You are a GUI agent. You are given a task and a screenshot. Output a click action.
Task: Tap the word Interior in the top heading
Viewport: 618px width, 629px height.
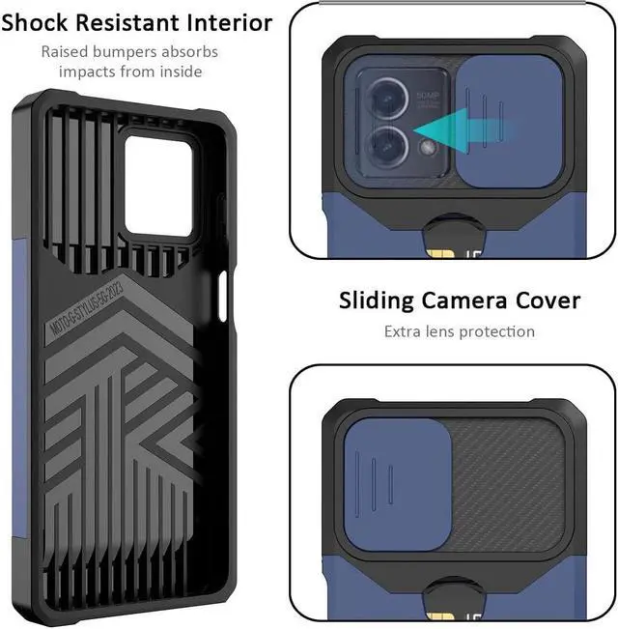[223, 22]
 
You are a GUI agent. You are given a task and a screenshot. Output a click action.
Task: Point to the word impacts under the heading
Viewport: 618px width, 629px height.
[88, 71]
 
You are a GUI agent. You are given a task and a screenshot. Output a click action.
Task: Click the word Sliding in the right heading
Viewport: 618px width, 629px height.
[377, 300]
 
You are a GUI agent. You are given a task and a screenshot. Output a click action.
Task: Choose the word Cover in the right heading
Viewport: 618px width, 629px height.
[548, 300]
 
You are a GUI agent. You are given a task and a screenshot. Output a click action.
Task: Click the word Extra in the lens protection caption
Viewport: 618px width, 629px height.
[379, 331]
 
